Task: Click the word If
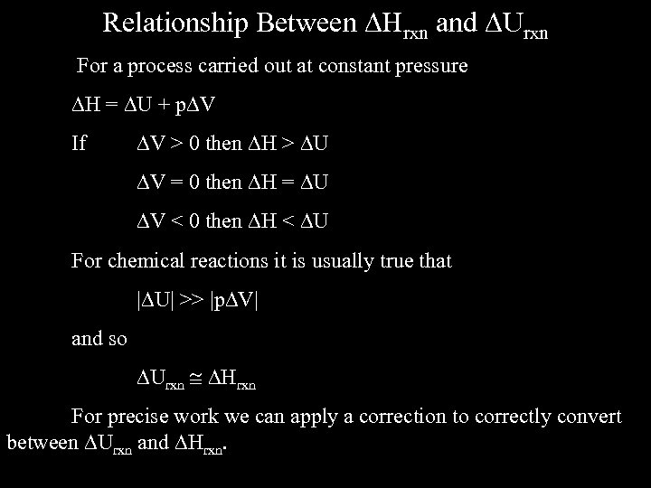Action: pos(80,143)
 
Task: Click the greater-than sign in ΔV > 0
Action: pos(176,143)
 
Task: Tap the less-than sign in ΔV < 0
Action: pos(176,220)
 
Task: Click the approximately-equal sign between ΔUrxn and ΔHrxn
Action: pos(195,377)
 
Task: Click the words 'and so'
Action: pos(99,339)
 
